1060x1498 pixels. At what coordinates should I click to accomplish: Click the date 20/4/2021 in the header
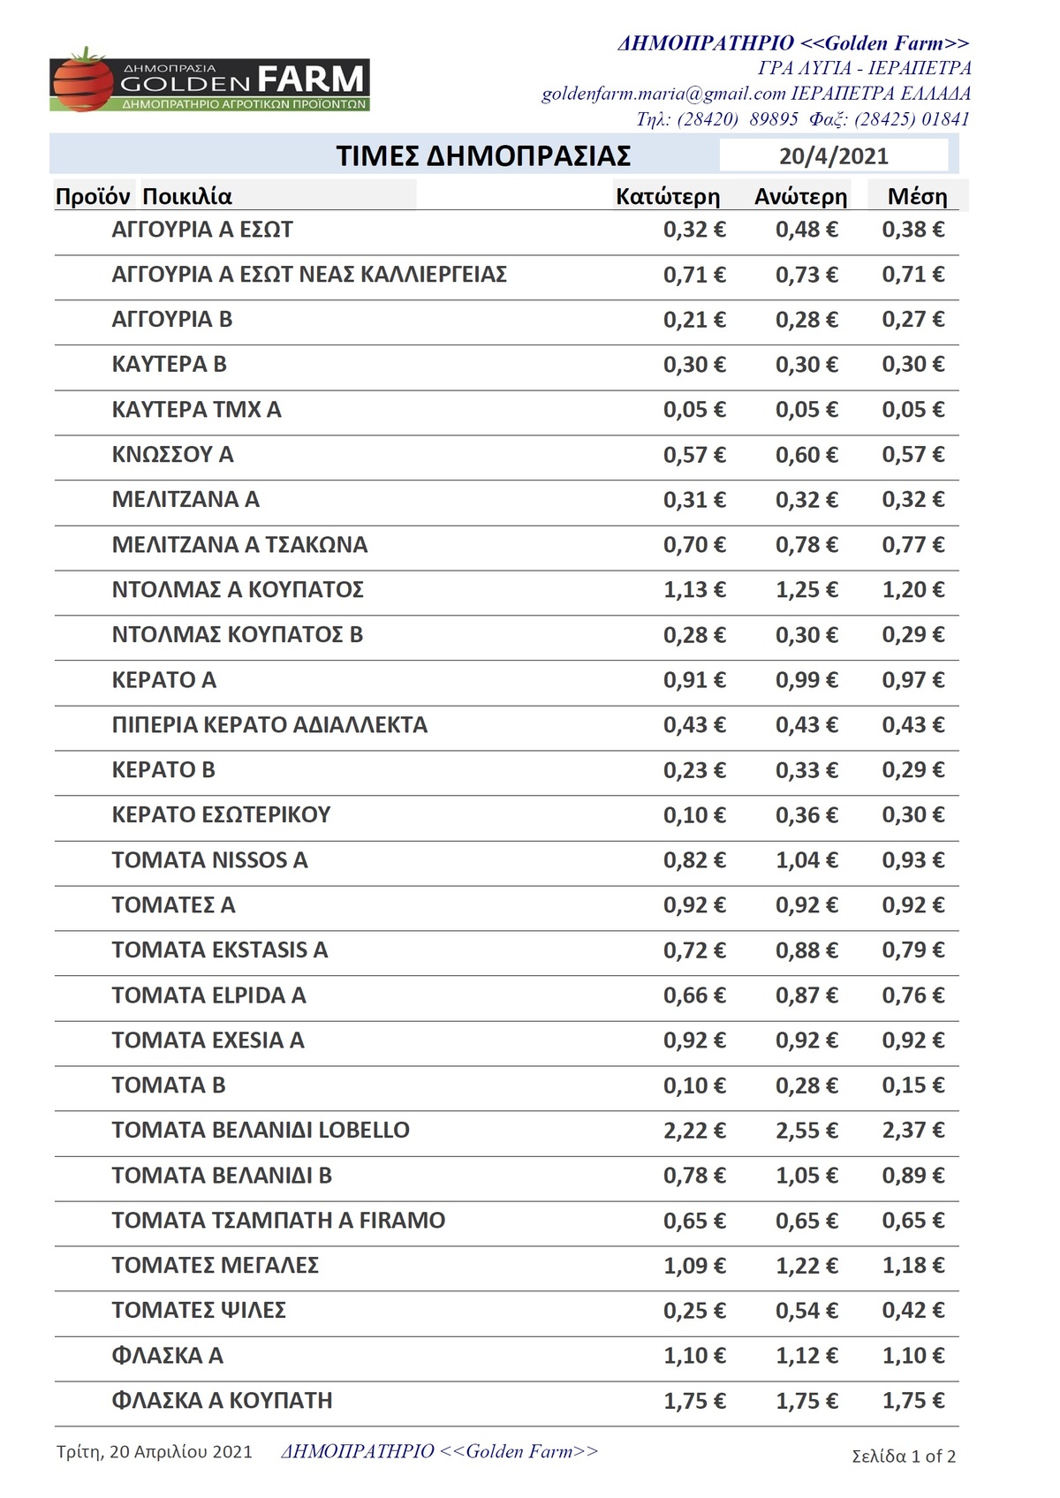click(x=833, y=156)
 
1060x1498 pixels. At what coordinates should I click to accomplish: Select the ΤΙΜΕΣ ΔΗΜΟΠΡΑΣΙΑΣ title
click(x=483, y=156)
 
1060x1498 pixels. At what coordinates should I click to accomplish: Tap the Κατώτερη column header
click(x=668, y=197)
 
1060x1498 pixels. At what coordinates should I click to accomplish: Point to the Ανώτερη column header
click(x=800, y=197)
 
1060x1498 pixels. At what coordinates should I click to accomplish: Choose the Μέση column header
click(x=917, y=197)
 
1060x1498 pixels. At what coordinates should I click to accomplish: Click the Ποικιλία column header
click(x=187, y=197)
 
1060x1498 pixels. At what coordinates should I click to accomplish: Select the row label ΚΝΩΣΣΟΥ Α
click(x=172, y=455)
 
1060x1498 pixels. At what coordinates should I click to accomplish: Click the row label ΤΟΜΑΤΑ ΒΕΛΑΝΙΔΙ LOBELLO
click(x=261, y=1131)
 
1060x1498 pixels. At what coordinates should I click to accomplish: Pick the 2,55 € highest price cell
click(x=806, y=1131)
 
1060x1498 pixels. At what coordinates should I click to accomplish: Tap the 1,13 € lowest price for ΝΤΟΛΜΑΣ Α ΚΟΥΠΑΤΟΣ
click(x=694, y=590)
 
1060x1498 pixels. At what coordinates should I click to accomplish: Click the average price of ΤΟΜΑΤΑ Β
click(x=913, y=1086)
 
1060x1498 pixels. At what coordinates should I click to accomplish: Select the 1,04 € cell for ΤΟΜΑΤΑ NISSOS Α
click(x=806, y=860)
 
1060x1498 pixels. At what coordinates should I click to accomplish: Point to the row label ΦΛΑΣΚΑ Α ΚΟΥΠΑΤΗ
click(x=222, y=1401)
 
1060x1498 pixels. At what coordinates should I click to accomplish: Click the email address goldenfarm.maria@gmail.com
click(x=663, y=94)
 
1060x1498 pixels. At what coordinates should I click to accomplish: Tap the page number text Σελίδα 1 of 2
click(x=904, y=1456)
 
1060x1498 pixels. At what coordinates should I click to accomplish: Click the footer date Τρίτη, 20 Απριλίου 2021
click(x=155, y=1452)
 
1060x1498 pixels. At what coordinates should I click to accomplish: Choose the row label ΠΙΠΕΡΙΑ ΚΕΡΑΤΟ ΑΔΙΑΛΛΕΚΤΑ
click(x=269, y=725)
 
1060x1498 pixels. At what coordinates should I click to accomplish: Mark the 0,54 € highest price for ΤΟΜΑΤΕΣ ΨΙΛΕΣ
click(x=806, y=1311)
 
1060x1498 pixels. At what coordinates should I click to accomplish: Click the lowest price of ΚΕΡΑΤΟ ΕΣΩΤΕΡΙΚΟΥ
click(x=694, y=815)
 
